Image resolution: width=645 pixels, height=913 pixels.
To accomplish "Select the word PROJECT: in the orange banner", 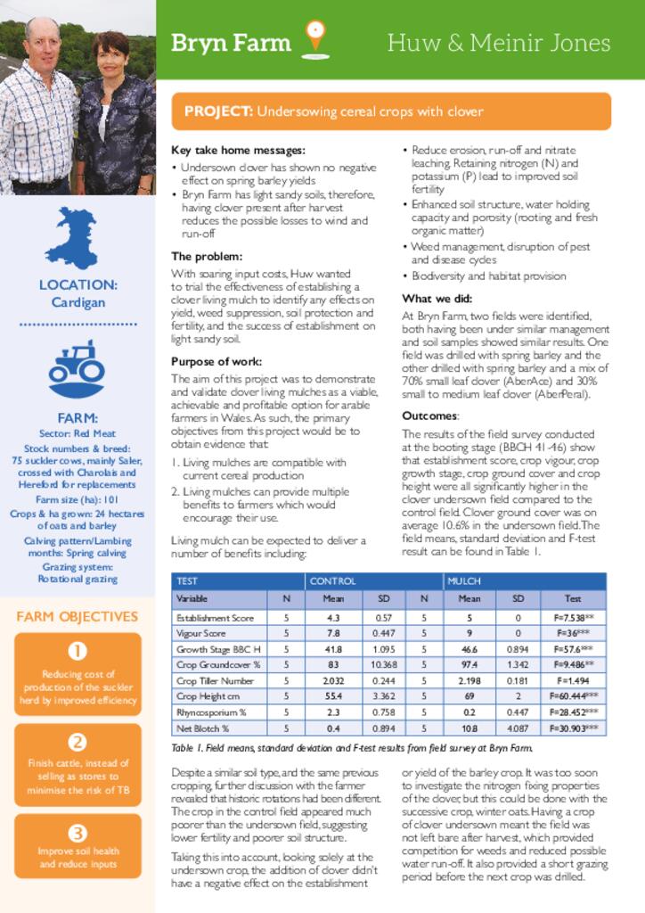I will (218, 111).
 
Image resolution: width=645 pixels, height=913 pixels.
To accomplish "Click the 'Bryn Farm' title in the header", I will (230, 43).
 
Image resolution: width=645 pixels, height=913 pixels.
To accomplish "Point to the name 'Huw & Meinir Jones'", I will (499, 43).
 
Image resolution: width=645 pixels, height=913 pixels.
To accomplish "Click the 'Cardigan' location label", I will (78, 302).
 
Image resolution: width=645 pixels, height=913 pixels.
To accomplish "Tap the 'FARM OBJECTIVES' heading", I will (78, 616).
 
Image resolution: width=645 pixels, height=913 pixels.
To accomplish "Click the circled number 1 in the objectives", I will (78, 651).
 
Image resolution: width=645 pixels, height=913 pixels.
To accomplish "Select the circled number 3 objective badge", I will (78, 833).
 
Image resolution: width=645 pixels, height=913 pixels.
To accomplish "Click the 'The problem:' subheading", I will (206, 256).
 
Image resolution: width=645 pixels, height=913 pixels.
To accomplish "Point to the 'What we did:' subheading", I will (437, 299).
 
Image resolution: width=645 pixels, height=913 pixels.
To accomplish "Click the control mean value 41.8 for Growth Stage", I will (334, 649).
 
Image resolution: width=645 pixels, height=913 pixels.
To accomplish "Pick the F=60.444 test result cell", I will (573, 695).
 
